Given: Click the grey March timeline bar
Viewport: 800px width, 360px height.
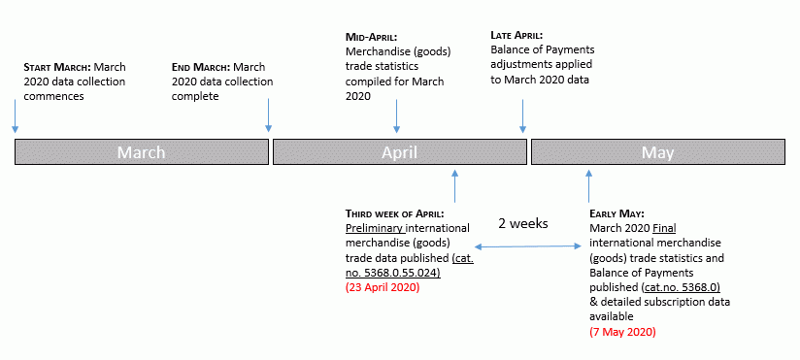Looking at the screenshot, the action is click(142, 152).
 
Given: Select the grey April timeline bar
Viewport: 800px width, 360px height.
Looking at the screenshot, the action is click(399, 152).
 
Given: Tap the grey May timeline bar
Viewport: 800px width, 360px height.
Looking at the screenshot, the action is click(657, 152).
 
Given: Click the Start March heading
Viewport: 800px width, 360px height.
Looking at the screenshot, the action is click(54, 67).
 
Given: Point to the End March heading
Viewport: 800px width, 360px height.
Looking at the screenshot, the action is click(200, 67).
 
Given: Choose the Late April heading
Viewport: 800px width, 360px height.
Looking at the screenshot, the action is click(517, 36).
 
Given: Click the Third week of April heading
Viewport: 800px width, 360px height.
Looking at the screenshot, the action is click(394, 213).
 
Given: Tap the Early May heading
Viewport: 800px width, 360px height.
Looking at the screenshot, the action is click(617, 213).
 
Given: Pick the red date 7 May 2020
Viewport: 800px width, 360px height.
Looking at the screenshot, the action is click(622, 332).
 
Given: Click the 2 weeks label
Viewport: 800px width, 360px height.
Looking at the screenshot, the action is click(523, 223).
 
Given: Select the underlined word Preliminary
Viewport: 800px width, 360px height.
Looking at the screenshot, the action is click(374, 228).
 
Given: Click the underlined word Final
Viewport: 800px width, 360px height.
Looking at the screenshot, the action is click(664, 228).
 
